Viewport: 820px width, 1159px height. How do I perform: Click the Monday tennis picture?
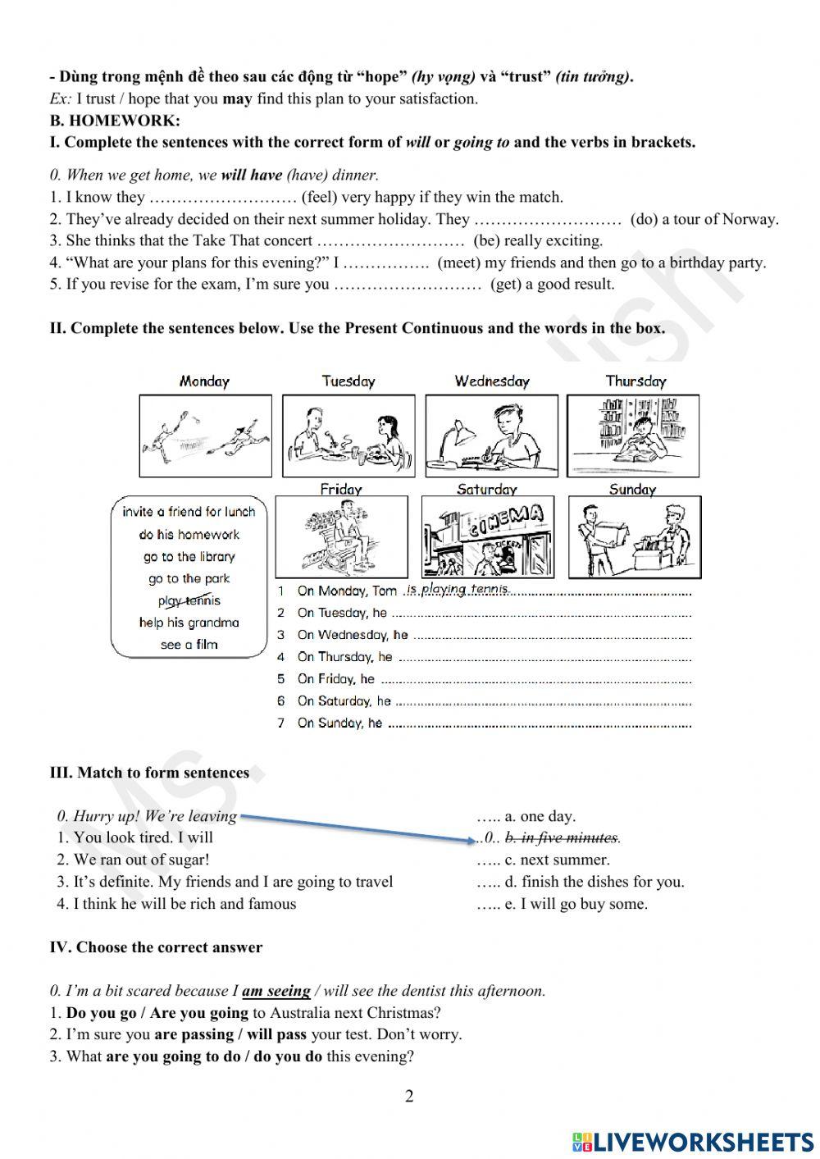pos(205,436)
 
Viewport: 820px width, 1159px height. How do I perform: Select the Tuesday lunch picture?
pos(348,436)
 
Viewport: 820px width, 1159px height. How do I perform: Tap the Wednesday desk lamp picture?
pos(492,436)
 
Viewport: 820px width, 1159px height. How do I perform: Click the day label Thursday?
pos(635,381)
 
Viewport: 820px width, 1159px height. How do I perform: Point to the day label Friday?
pos(341,489)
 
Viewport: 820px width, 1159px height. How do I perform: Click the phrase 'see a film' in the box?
pos(189,645)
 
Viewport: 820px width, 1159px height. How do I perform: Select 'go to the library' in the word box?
pos(189,557)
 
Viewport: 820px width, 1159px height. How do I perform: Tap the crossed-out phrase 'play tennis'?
pos(189,600)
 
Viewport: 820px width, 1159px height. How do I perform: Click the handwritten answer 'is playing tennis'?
pos(458,589)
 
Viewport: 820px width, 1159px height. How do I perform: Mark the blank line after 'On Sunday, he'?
pos(539,724)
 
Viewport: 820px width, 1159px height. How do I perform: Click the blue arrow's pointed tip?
pos(474,839)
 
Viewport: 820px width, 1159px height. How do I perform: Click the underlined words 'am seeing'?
pos(276,991)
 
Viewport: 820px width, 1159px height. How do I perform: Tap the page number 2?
pos(410,1097)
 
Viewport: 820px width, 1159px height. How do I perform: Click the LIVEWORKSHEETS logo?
pos(693,1141)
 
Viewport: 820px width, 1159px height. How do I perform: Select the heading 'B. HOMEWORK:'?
pos(115,121)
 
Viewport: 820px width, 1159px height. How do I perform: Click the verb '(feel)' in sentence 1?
pos(319,197)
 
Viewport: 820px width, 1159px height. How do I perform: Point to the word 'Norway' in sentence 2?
pos(749,219)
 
